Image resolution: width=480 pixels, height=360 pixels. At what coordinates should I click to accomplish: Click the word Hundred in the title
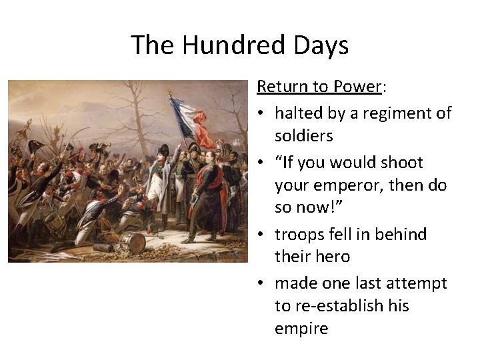223,45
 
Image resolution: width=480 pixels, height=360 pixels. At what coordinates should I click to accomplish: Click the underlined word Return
279,87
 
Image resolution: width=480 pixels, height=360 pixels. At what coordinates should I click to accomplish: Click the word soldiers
303,136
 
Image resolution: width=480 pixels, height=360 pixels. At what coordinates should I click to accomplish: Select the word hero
332,257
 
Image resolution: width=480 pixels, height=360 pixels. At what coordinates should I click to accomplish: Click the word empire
301,329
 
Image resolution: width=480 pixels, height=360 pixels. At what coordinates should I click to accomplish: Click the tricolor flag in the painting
194,120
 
